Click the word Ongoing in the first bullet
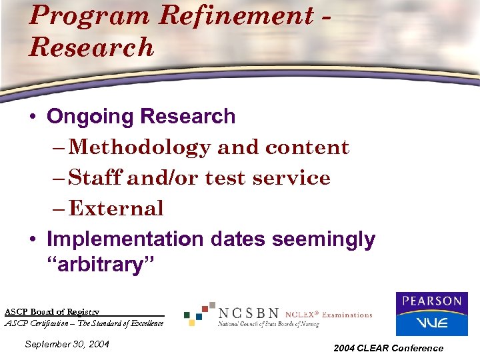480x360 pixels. (x=90, y=117)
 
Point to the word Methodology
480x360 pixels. (x=140, y=147)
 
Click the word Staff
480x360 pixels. (x=95, y=178)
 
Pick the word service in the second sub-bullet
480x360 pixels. (x=298, y=178)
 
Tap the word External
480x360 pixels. (x=116, y=209)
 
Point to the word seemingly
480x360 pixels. (x=326, y=239)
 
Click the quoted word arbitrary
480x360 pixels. (x=100, y=265)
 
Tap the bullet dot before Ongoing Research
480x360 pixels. (x=32, y=117)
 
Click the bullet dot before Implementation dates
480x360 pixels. (x=32, y=239)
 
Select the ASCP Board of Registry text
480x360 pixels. (x=52, y=311)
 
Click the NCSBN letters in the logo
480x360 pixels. (x=248, y=313)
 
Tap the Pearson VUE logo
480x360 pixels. (x=431, y=313)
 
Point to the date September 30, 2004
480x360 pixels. (x=66, y=345)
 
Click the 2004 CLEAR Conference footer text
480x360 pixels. (x=388, y=348)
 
